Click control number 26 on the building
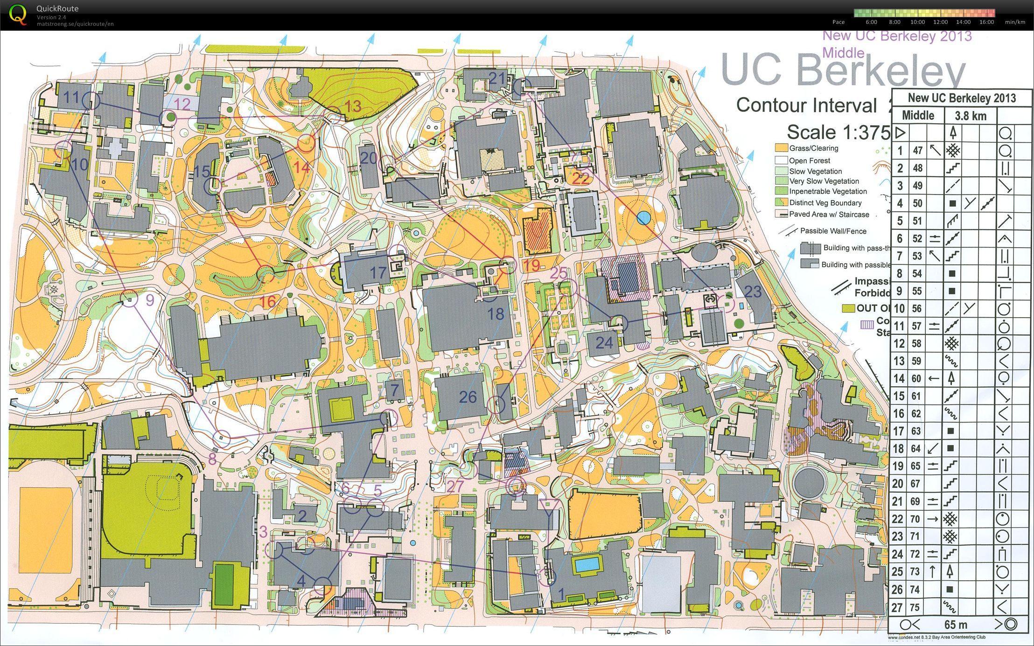tap(468, 397)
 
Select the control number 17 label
tap(378, 273)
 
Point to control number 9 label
tap(150, 300)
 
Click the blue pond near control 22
tap(643, 218)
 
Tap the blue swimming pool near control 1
tap(587, 564)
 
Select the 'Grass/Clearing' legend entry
tap(813, 148)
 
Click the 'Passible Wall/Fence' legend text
tap(833, 231)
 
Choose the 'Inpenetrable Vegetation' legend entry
tap(827, 191)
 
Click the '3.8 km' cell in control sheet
tap(970, 116)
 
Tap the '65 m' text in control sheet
tap(955, 624)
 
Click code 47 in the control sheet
tap(917, 151)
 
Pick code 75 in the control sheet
tap(915, 607)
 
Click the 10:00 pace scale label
tap(917, 22)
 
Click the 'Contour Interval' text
tap(806, 105)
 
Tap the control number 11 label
tap(71, 97)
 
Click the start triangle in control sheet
tap(900, 133)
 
